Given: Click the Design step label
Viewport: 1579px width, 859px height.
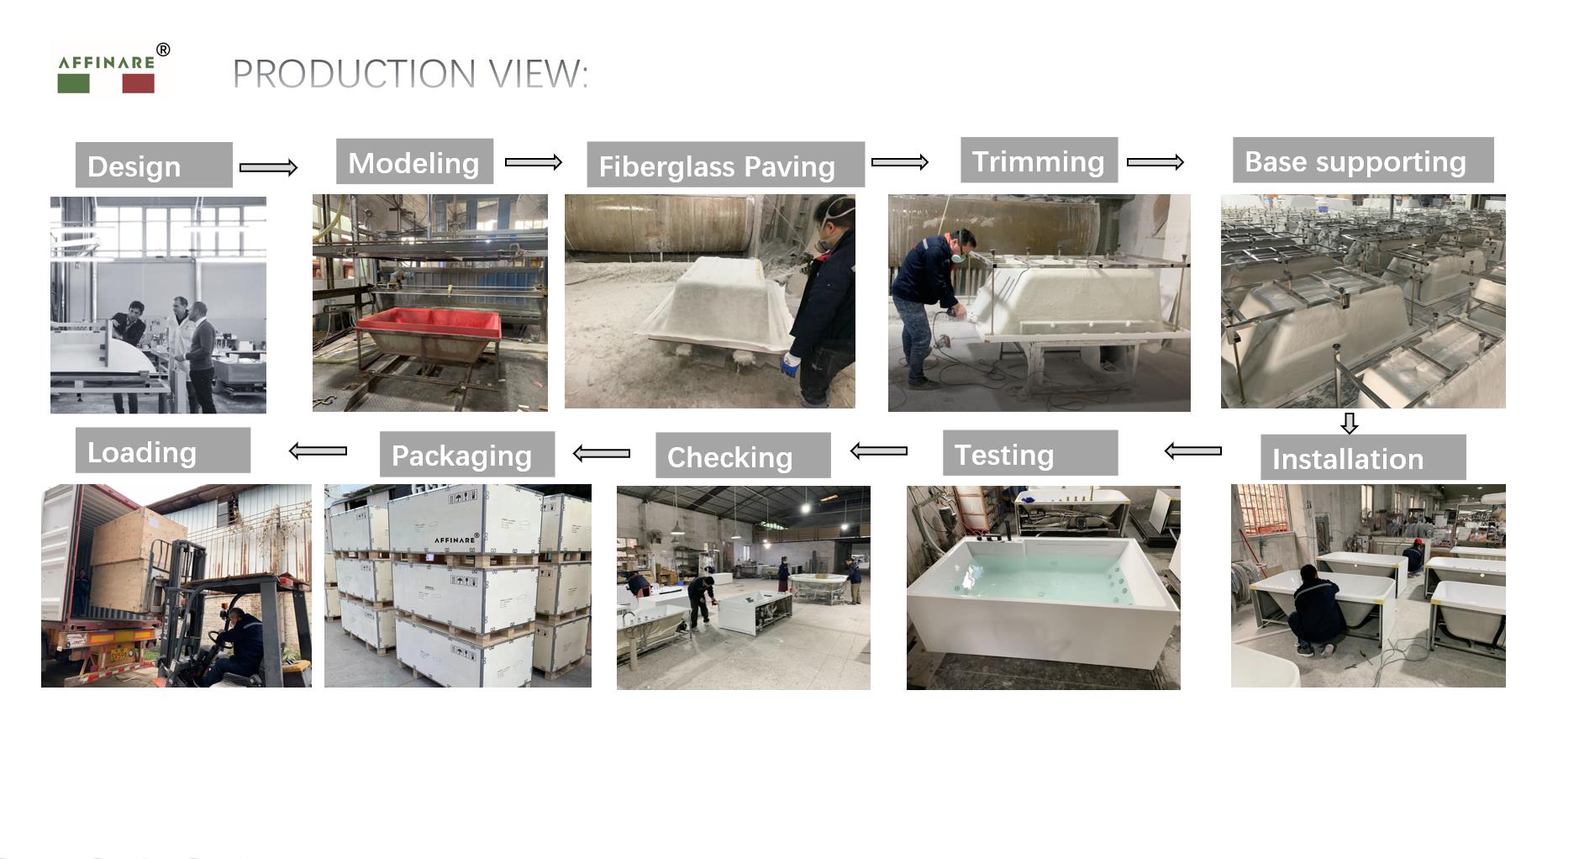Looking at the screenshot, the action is pos(154,165).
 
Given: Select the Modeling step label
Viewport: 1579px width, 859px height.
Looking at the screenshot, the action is pos(414,161).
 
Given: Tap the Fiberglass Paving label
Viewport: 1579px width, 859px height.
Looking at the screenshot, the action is pos(725,165).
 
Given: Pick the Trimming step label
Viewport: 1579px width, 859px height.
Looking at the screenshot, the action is pos(1039,160).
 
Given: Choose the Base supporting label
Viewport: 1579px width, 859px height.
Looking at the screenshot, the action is pos(1363,160).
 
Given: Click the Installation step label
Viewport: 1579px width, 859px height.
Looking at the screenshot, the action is pos(1363,457).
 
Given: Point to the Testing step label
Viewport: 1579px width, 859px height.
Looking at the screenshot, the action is pos(1030,453).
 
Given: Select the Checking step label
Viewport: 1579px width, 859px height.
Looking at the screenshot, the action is pos(743,456).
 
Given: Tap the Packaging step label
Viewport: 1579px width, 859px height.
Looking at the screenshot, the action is pos(467,454).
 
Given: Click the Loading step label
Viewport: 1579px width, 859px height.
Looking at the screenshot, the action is pos(163,451).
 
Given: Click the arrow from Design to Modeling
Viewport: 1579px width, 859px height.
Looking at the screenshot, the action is pos(268,167).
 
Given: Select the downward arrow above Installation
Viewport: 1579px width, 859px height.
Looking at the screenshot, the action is pos(1349,423).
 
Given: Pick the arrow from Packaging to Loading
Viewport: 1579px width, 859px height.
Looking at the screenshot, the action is pos(318,451).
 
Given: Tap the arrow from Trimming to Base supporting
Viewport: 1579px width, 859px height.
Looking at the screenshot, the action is pos(1155,162).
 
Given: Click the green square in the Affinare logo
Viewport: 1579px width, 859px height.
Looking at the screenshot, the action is pos(73,83).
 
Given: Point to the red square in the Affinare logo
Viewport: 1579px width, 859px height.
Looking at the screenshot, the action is pos(138,83).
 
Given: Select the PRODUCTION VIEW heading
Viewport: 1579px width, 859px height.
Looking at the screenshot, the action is pos(410,74).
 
